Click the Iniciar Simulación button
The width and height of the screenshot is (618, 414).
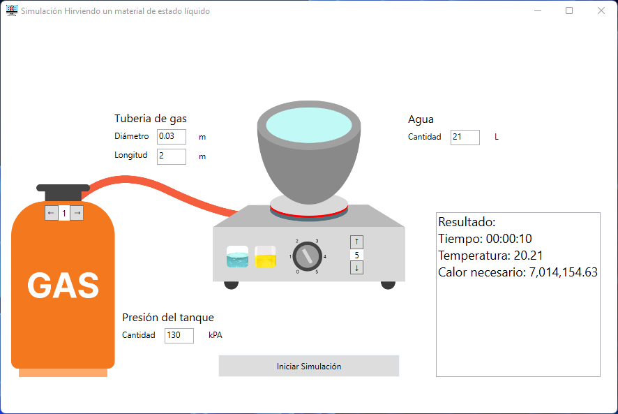[308, 366]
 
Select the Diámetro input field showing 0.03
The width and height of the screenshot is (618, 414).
[172, 136]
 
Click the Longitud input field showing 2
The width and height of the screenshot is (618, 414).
[172, 156]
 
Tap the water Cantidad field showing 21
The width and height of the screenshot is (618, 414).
[465, 137]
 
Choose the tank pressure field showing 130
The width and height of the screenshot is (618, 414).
[179, 336]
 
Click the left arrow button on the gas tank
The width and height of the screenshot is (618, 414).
[51, 213]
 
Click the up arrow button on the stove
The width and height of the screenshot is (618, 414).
[357, 242]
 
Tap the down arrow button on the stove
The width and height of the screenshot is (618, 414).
[357, 267]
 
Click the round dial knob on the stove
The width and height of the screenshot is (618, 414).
[306, 256]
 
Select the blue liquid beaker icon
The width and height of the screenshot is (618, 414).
[237, 256]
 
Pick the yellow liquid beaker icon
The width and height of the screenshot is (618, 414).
[266, 256]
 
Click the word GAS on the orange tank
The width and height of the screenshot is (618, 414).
[63, 285]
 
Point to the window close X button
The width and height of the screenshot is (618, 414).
[601, 10]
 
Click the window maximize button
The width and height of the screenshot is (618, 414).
[569, 10]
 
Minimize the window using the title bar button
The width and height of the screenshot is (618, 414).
[538, 10]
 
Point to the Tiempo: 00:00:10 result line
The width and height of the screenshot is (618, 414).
[485, 239]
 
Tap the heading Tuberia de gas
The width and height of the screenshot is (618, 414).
[151, 119]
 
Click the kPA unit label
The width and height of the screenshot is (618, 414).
[215, 335]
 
